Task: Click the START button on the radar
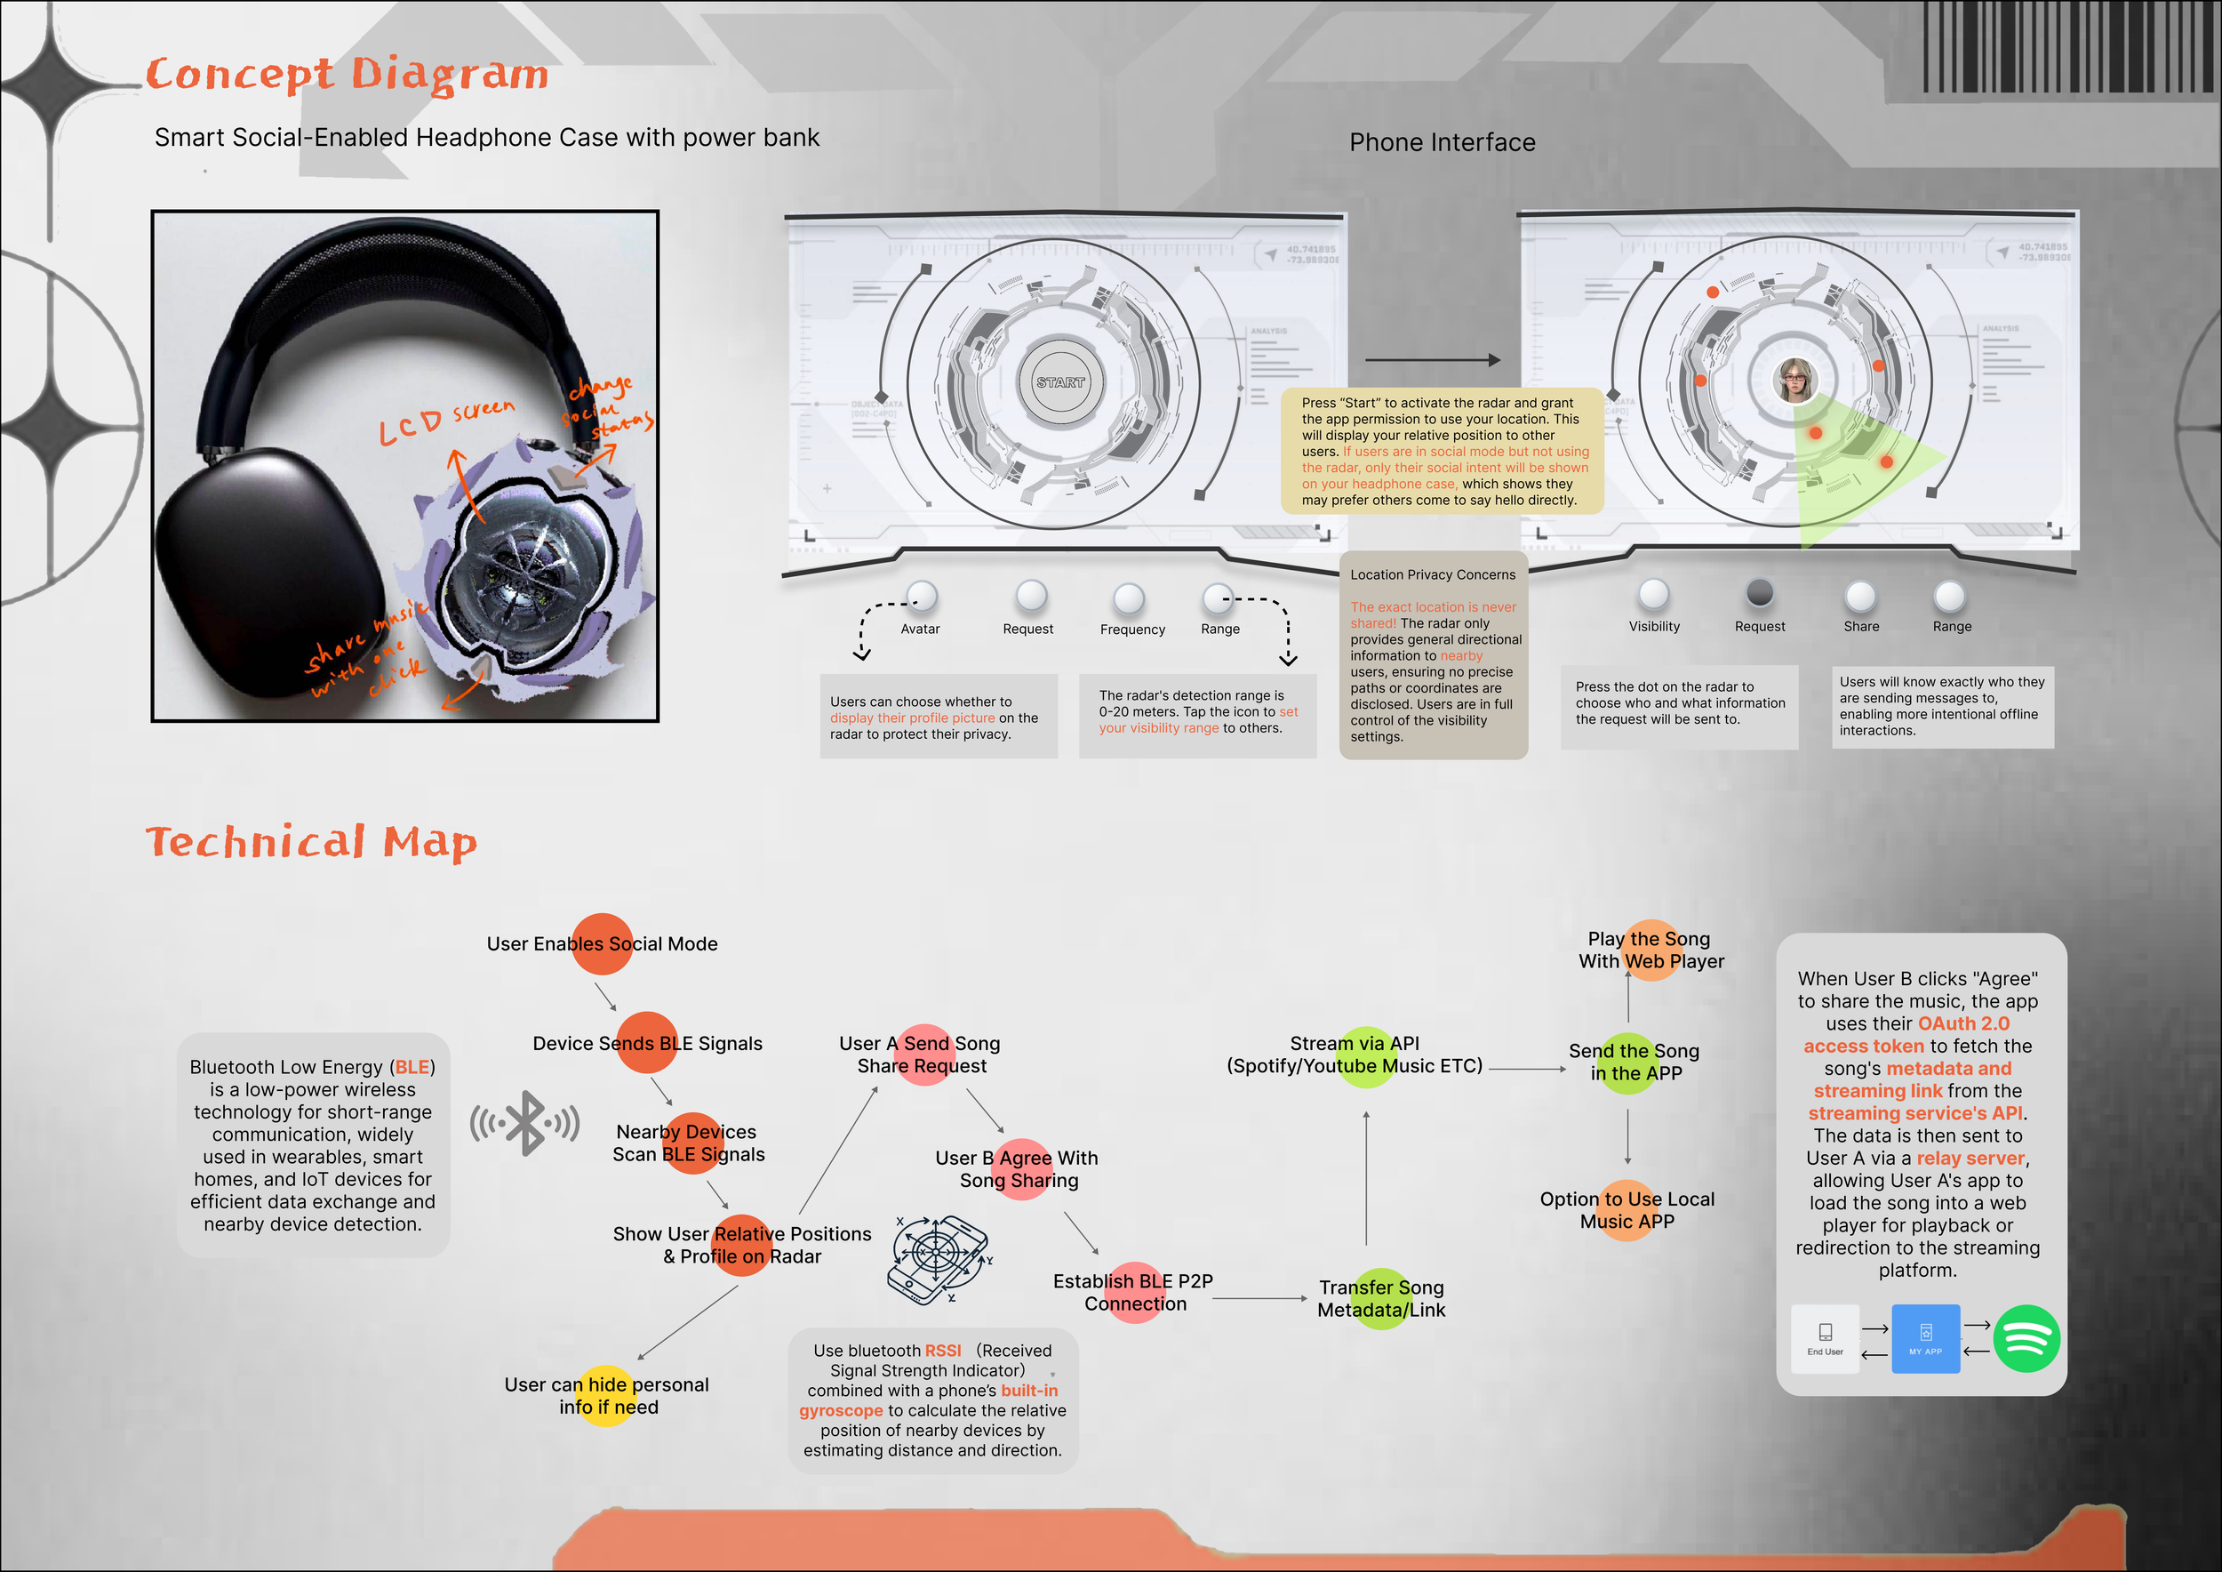tap(1060, 382)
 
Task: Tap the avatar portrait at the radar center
tap(1794, 380)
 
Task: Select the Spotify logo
tap(2026, 1339)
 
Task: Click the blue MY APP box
tap(1925, 1339)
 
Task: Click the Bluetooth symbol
tap(525, 1123)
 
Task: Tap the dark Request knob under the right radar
tap(1760, 592)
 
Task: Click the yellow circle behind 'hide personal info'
tap(607, 1396)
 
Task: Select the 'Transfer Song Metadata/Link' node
tap(1381, 1299)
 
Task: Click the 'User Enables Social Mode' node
tap(602, 943)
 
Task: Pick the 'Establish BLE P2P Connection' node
tap(1133, 1292)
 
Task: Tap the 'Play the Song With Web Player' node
tap(1651, 950)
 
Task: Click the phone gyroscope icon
tap(937, 1257)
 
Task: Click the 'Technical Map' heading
tap(312, 842)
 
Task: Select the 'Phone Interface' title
tap(1442, 142)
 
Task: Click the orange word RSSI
tap(943, 1351)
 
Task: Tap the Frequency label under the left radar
tap(1132, 630)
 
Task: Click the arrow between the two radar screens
tap(1432, 360)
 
